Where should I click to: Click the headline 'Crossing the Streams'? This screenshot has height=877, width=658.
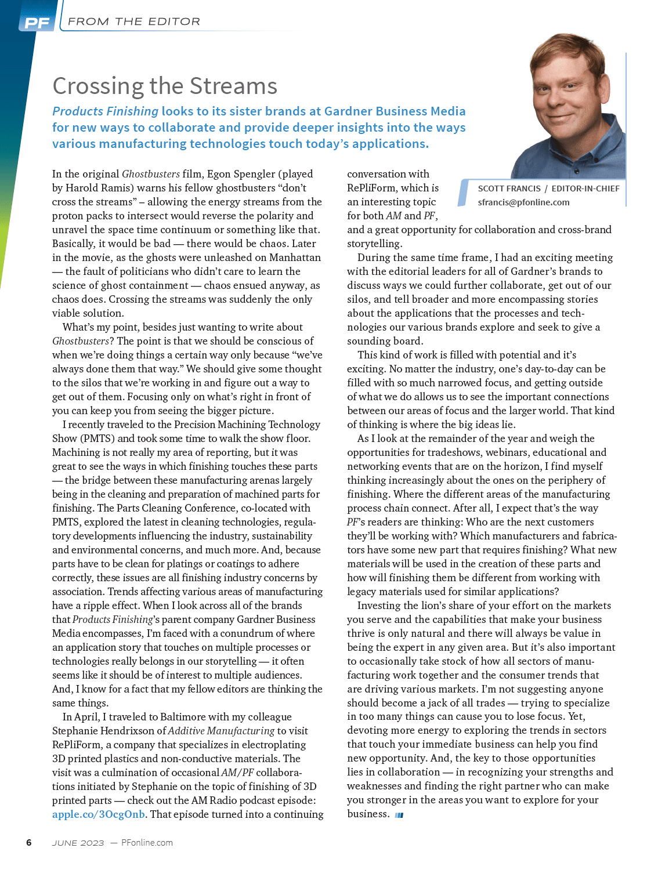click(x=165, y=86)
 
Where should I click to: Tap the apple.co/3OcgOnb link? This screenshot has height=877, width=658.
click(x=99, y=814)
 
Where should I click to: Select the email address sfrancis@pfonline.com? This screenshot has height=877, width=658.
click(x=523, y=202)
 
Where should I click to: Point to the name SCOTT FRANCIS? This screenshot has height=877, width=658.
click(x=509, y=189)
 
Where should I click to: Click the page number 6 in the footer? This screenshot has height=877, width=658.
click(x=29, y=843)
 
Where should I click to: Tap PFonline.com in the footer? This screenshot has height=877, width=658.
click(x=147, y=843)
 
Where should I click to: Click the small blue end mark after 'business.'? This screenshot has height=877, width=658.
click(x=399, y=815)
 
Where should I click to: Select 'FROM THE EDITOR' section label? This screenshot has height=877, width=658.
click(x=134, y=21)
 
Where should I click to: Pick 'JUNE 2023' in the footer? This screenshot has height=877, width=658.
click(x=78, y=843)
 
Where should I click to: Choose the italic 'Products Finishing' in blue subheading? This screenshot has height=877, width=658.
click(x=105, y=111)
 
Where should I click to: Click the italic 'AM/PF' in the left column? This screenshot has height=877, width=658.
click(x=237, y=773)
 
